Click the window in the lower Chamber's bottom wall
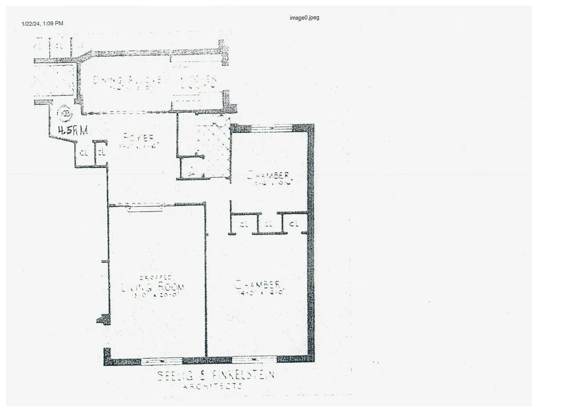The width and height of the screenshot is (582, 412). (x=254, y=360)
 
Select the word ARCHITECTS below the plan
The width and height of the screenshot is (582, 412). (x=212, y=386)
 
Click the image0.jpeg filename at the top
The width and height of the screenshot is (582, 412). (x=304, y=18)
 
